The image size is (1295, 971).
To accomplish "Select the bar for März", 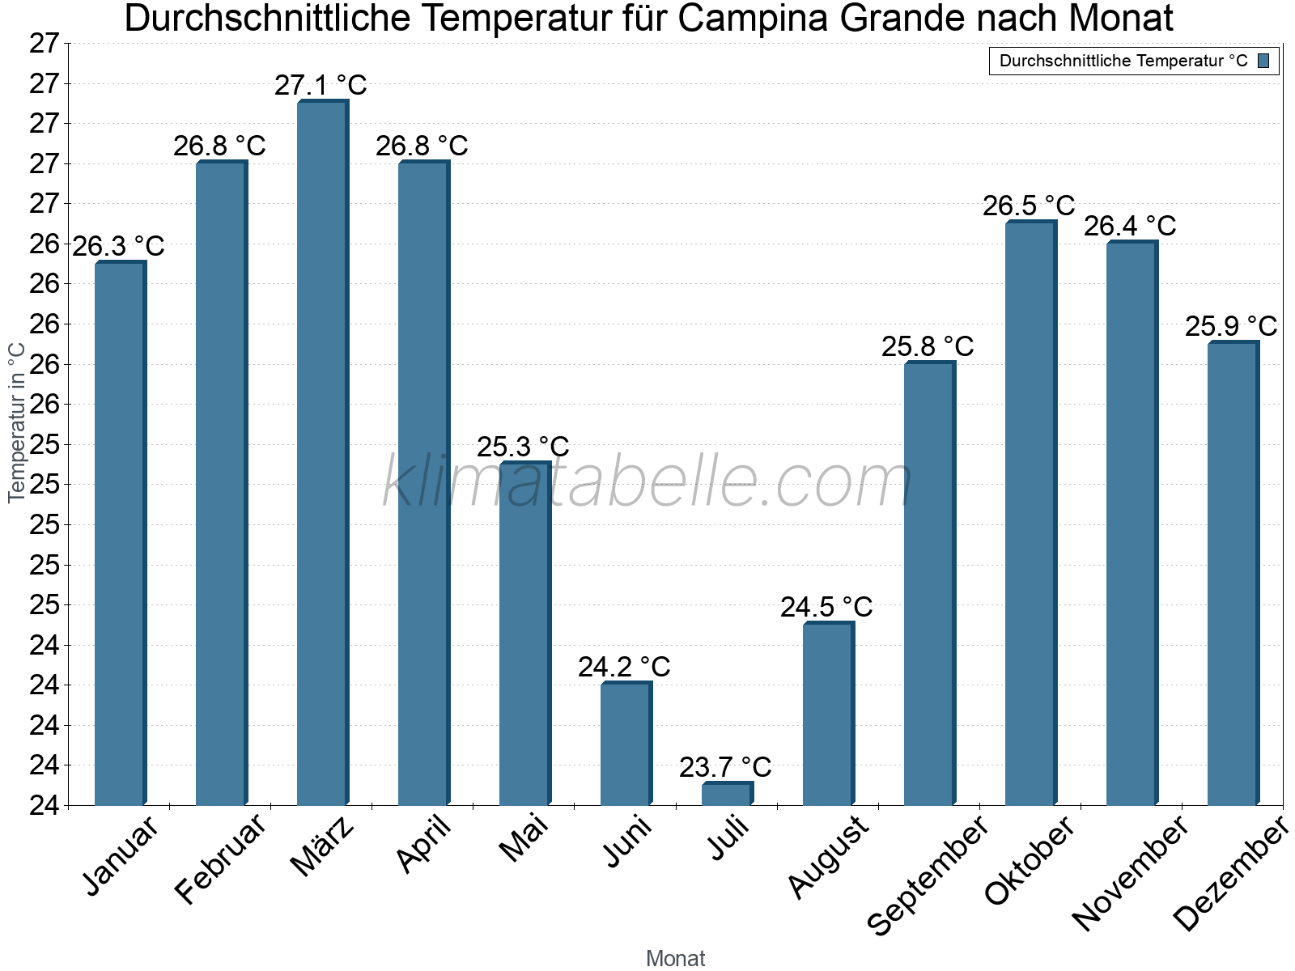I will click(322, 453).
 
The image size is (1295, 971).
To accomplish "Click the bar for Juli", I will click(727, 794).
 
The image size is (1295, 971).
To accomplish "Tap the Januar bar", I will click(120, 534).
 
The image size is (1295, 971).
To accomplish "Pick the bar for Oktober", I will click(1030, 514).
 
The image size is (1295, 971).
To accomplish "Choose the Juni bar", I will click(626, 744).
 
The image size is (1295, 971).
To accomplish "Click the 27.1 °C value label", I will click(321, 85).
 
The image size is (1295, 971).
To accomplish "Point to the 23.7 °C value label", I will click(725, 767).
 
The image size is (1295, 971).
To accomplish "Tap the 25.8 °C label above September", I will click(928, 347).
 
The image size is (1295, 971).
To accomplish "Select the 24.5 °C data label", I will click(826, 608).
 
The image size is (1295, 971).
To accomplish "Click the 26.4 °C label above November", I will click(1130, 227).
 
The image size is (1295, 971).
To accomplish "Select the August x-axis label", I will click(828, 857).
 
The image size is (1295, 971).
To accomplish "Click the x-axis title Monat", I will click(675, 959).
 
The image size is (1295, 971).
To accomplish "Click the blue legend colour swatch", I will click(1263, 61).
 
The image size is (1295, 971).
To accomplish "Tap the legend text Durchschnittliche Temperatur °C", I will click(1123, 61).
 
